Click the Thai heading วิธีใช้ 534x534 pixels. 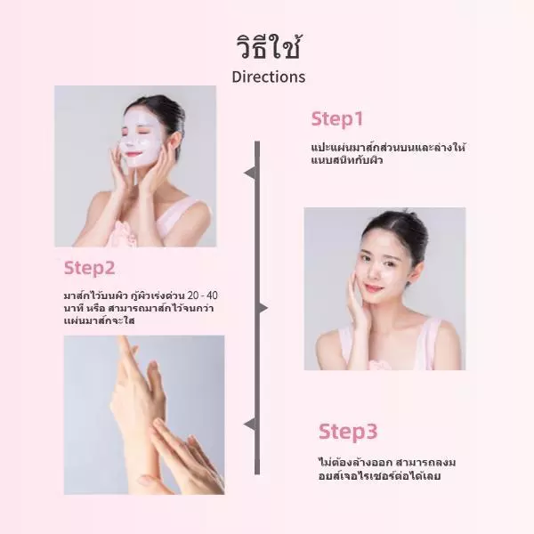tap(269, 48)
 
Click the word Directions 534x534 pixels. tap(269, 77)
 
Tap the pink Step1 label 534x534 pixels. tap(337, 119)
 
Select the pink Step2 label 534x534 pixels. tap(90, 268)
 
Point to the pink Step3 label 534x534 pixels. tap(348, 432)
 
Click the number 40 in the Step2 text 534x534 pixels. tap(212, 295)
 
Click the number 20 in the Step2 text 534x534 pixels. tap(193, 295)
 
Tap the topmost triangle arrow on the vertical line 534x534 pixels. tap(249, 173)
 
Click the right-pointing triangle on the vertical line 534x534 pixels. tap(263, 308)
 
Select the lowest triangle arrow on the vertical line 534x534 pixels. tap(249, 425)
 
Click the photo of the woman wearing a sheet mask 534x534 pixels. tap(135, 166)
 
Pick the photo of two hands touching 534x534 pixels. tap(144, 415)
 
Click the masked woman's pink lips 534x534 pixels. tap(131, 154)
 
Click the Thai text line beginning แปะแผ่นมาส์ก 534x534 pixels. tap(388, 148)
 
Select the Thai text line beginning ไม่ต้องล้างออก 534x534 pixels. tap(387, 463)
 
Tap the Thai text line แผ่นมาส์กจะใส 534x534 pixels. tap(100, 320)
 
